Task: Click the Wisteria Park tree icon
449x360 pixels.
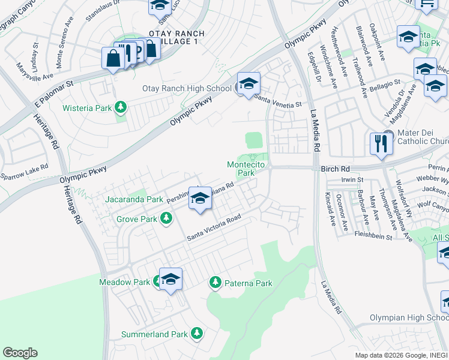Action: (121, 107)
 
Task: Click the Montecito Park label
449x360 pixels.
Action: (246, 169)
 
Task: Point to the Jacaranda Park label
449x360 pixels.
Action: (133, 199)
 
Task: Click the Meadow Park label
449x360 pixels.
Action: (124, 281)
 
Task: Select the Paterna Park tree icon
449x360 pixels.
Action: (215, 281)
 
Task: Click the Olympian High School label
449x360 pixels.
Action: (408, 317)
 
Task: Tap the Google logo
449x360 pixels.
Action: (20, 353)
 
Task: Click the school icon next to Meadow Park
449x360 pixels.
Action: (171, 279)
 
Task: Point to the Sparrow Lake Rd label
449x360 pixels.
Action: (24, 172)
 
